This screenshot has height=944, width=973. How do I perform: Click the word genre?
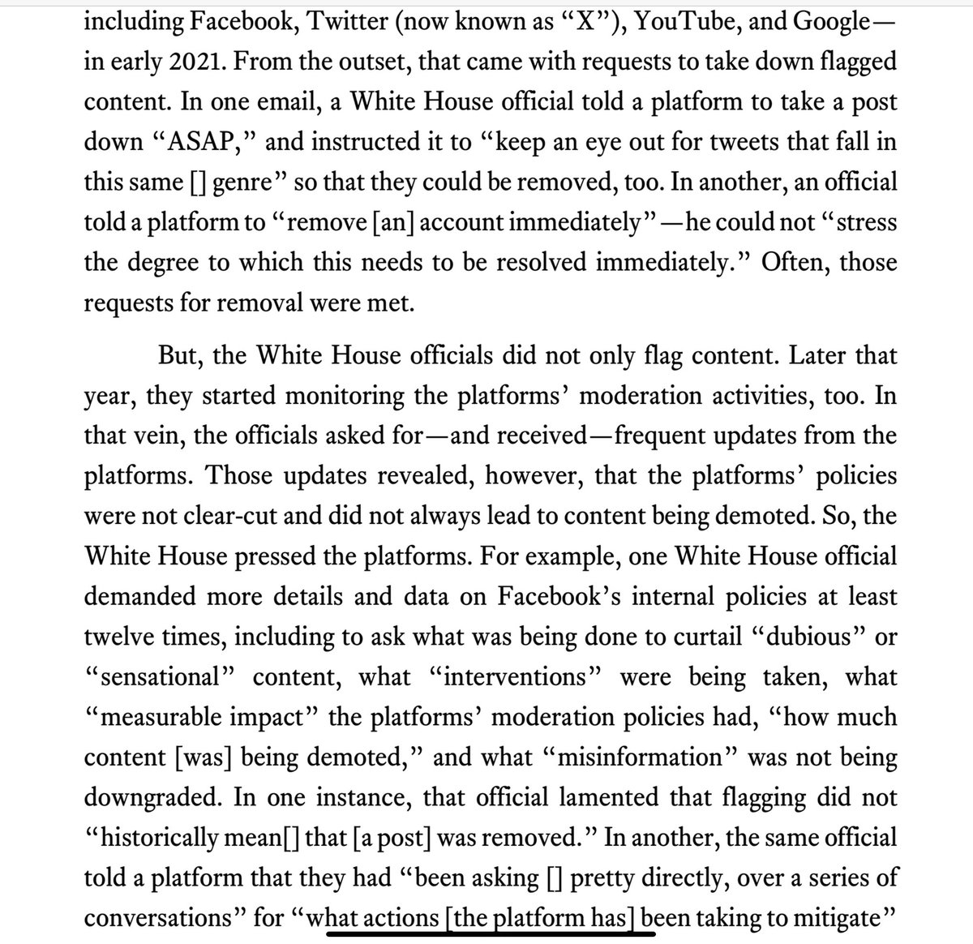(x=236, y=182)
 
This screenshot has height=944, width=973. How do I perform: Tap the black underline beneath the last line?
(x=490, y=933)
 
